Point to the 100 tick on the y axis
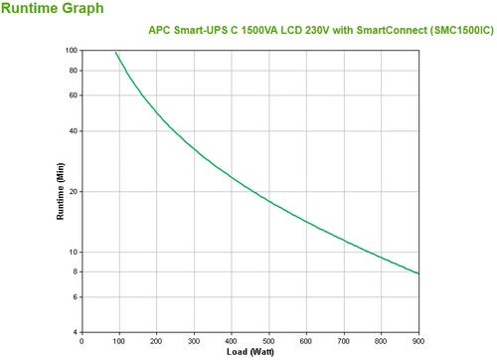click(71, 50)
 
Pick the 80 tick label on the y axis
click(73, 70)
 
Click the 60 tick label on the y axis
click(73, 94)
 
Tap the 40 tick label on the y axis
click(73, 130)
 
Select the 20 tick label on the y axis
click(73, 191)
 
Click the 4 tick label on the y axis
click(75, 332)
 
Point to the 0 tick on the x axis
click(82, 341)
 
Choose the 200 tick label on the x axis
click(156, 341)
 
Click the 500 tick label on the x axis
click(268, 341)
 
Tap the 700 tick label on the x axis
click(344, 341)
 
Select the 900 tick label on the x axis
click(418, 341)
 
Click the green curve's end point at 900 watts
click(418, 272)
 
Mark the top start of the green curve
click(115, 52)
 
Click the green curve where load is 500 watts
click(268, 200)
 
